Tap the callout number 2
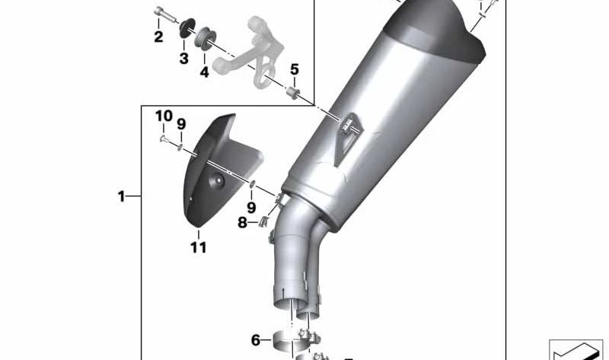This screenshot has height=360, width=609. (158, 37)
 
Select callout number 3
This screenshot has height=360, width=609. (183, 59)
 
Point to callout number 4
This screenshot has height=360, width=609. (204, 72)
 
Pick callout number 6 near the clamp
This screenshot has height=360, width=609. (256, 339)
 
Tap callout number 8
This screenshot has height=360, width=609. (242, 223)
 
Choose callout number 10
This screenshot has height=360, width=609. (164, 116)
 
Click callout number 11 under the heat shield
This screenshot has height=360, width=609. (198, 247)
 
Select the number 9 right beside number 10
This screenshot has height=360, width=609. (181, 124)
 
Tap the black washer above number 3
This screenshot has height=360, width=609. (186, 31)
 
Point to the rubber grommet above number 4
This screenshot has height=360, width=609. (206, 37)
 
